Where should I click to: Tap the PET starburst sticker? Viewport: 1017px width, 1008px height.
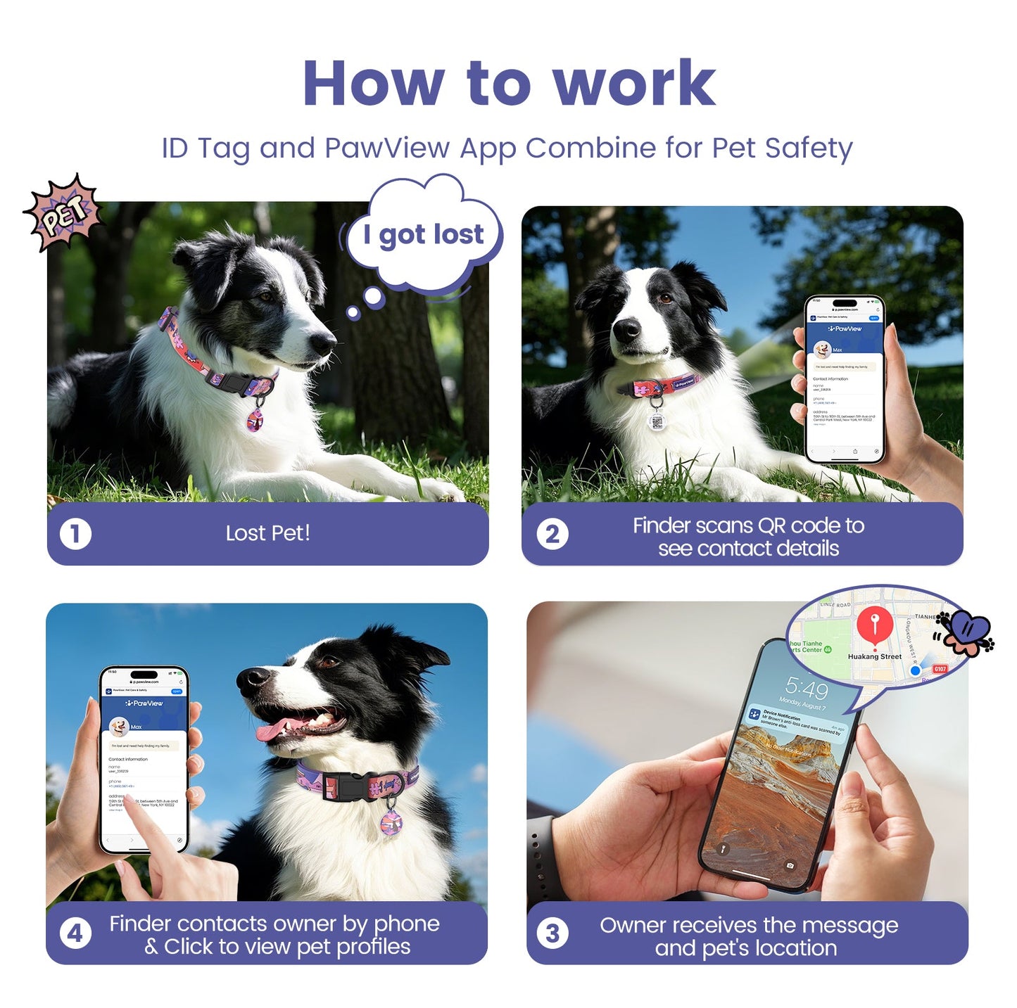click(63, 212)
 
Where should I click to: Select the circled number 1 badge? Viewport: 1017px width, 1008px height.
click(75, 534)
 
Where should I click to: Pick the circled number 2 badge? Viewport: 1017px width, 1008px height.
click(552, 534)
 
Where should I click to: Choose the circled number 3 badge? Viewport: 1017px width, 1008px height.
click(552, 933)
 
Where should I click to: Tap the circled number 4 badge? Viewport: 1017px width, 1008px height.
click(75, 933)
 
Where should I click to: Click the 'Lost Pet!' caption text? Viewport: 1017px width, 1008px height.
click(267, 533)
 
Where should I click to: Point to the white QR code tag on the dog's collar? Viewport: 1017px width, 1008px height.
click(657, 421)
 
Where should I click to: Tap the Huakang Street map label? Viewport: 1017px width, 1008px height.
click(874, 656)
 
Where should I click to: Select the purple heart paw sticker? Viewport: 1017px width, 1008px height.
click(968, 631)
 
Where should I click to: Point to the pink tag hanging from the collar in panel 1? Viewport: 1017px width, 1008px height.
click(255, 420)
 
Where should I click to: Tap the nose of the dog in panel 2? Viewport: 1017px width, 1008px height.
click(626, 328)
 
